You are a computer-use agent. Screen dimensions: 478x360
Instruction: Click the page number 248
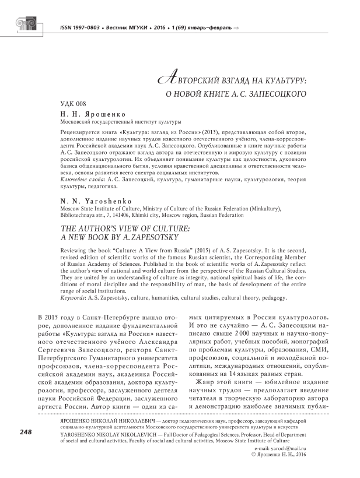(25, 432)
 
